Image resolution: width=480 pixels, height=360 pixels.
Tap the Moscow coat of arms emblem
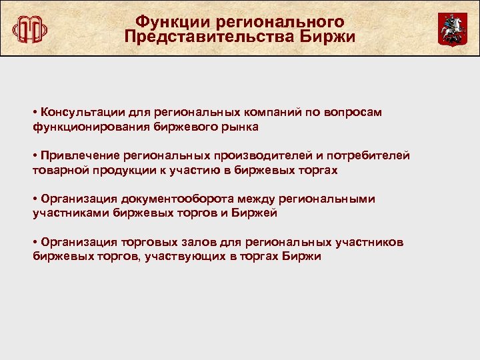click(452, 29)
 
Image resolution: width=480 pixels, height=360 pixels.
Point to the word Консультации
click(81, 112)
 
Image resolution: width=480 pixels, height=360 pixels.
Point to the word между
click(240, 199)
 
